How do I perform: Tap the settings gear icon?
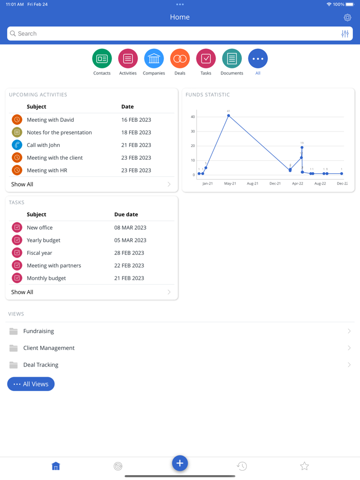[348, 17]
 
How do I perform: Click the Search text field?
[175, 33]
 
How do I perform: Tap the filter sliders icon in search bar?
[345, 34]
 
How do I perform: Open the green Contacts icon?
[102, 59]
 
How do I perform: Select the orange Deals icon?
[180, 59]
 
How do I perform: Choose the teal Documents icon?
[232, 59]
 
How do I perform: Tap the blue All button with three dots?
[258, 59]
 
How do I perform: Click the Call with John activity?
[43, 145]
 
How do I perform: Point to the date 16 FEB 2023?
[136, 120]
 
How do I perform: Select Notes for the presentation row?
[59, 133]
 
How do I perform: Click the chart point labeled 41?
[228, 116]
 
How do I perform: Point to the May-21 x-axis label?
[230, 183]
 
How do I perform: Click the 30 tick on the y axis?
[193, 132]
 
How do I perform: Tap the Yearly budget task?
[43, 240]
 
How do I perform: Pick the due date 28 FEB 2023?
[129, 253]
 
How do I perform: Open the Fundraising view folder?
[39, 331]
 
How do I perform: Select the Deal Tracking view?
[41, 365]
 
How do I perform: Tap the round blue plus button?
[180, 463]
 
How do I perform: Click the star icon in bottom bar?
[304, 466]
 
